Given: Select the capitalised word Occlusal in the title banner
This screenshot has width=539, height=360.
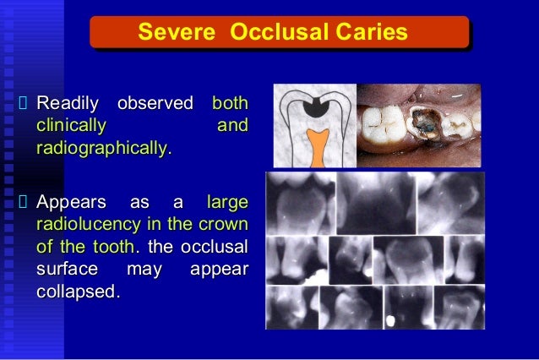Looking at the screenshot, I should [x=272, y=33].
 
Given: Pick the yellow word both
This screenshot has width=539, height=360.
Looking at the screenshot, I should [x=229, y=104].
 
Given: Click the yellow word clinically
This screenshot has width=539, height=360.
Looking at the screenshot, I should [x=71, y=127].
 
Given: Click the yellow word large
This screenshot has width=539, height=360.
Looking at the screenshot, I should [x=227, y=203].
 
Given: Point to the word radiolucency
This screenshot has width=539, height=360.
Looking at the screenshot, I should [x=89, y=225].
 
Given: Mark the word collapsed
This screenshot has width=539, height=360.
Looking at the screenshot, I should [x=76, y=291].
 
